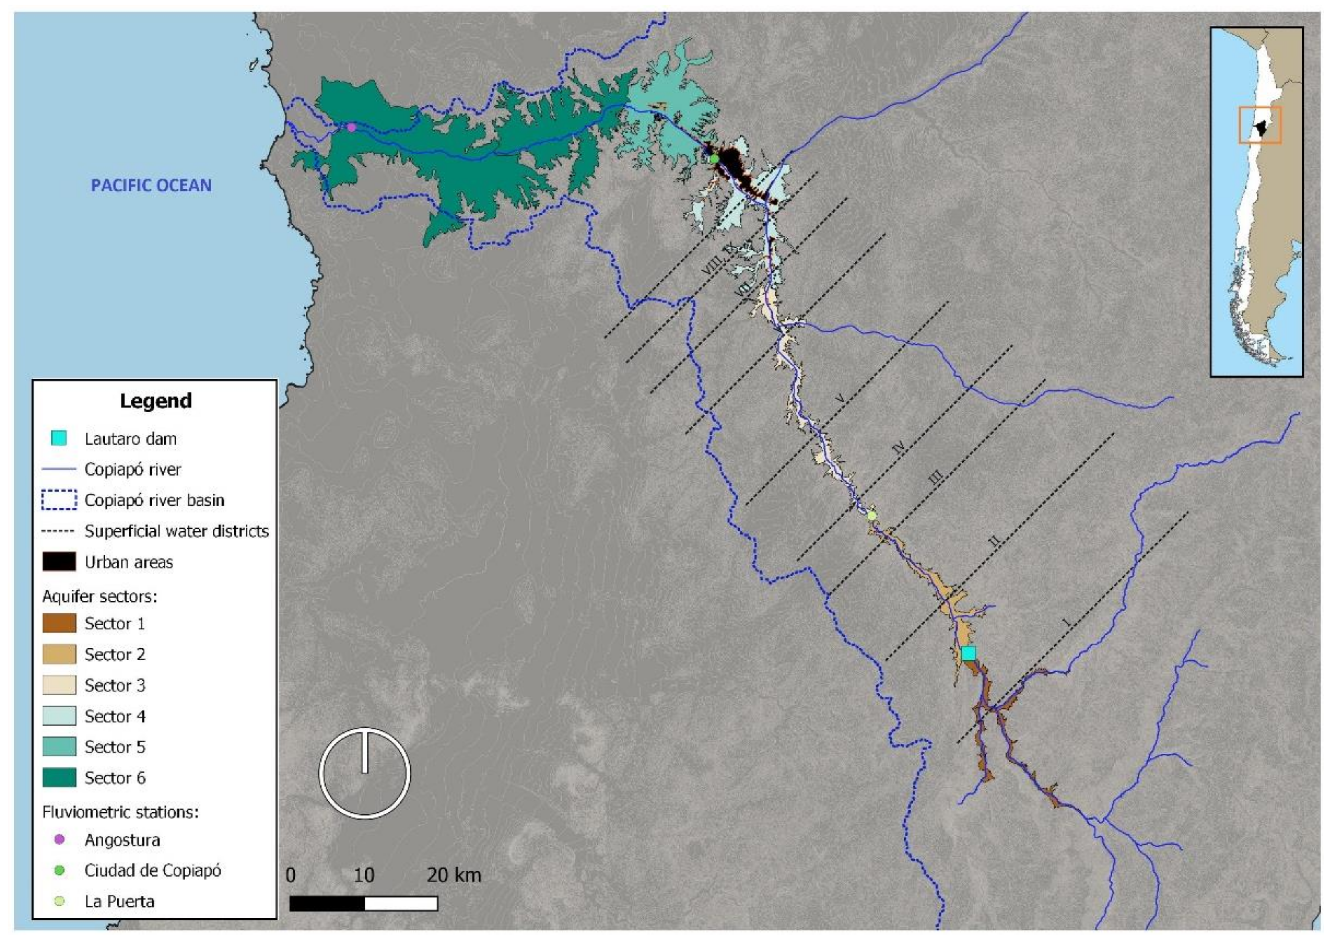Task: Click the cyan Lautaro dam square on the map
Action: pyautogui.click(x=968, y=653)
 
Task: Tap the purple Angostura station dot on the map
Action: pyautogui.click(x=351, y=127)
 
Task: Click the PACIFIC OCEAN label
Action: pyautogui.click(x=151, y=185)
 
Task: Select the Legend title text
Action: pyautogui.click(x=156, y=401)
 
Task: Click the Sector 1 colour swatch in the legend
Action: pyautogui.click(x=59, y=623)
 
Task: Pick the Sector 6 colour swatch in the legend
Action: pyautogui.click(x=59, y=777)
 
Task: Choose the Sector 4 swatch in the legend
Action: pyautogui.click(x=59, y=716)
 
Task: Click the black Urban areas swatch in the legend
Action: pyautogui.click(x=59, y=562)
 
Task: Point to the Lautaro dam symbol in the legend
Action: pyautogui.click(x=59, y=439)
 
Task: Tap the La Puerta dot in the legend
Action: pyautogui.click(x=59, y=901)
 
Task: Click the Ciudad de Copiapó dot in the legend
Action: pyautogui.click(x=59, y=871)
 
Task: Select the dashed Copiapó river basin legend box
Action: pyautogui.click(x=59, y=500)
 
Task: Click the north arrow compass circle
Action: pyautogui.click(x=365, y=773)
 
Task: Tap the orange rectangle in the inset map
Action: pyautogui.click(x=1259, y=125)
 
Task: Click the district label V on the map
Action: pyautogui.click(x=840, y=399)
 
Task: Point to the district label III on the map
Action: pyautogui.click(x=935, y=480)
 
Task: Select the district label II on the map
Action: pyautogui.click(x=995, y=541)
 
